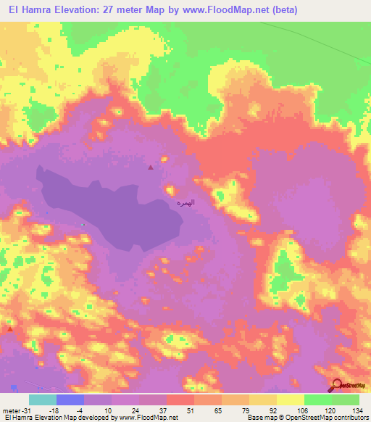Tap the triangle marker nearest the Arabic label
[151, 167]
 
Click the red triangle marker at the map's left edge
[10, 328]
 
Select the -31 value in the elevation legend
[27, 410]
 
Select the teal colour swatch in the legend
[43, 400]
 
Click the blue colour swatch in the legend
[70, 400]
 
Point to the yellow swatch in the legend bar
[291, 400]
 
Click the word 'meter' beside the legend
[11, 410]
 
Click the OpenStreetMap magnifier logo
[338, 386]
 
